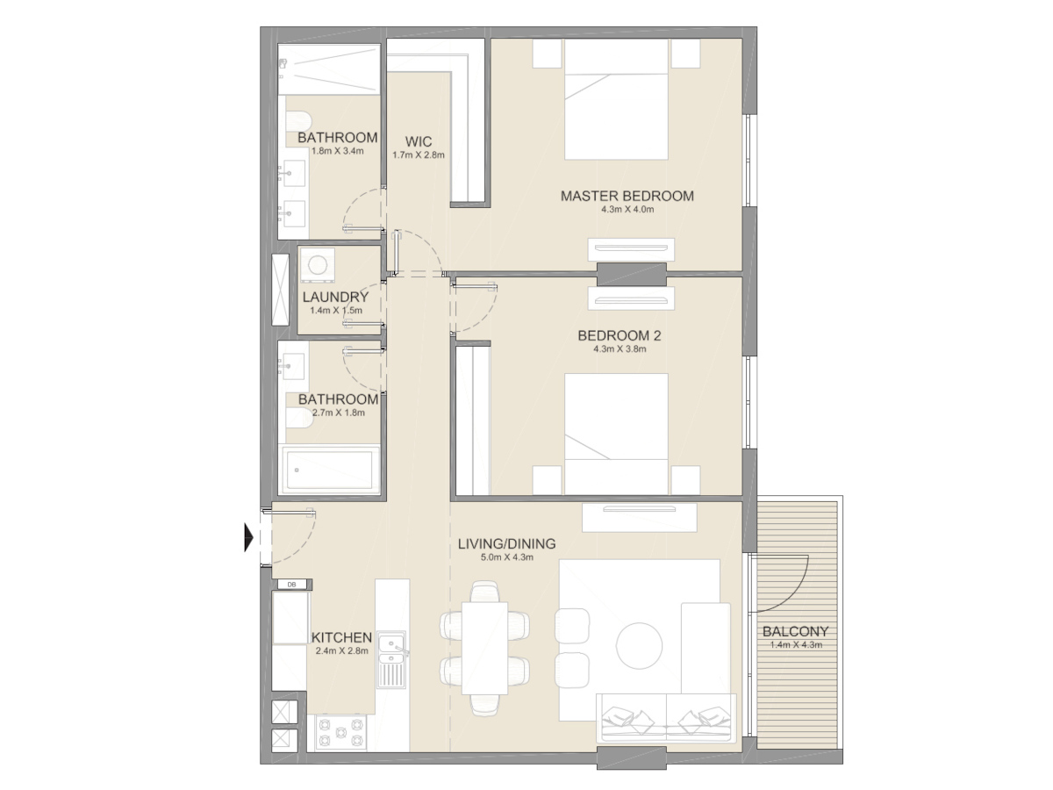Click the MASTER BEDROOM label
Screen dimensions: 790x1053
point(627,196)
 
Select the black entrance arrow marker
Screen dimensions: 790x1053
point(249,536)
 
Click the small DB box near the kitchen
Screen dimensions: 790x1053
point(291,584)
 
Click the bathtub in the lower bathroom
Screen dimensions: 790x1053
point(330,470)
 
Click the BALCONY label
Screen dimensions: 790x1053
point(795,631)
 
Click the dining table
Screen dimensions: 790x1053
point(485,646)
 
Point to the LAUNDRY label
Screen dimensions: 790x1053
point(334,298)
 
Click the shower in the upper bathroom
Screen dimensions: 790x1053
point(329,70)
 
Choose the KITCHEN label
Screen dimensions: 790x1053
point(342,637)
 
